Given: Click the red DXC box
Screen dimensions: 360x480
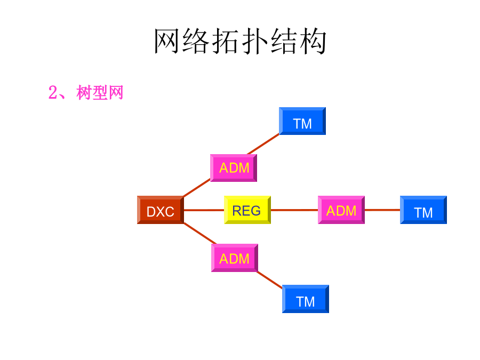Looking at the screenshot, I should [x=160, y=210].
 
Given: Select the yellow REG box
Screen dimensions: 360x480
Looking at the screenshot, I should [x=247, y=210].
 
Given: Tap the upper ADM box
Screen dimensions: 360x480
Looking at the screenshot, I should [x=234, y=167].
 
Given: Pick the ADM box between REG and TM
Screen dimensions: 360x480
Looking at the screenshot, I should [x=341, y=210].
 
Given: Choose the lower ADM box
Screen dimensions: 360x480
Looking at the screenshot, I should [x=234, y=258].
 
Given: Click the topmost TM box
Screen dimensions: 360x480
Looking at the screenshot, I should [x=302, y=122].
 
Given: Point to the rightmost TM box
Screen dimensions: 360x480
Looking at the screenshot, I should [x=423, y=210].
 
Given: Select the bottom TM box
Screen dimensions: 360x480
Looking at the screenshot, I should [x=305, y=299].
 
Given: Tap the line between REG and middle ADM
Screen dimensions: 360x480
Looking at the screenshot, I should [x=294, y=210].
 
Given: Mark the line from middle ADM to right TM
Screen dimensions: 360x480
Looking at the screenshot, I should [x=382, y=210].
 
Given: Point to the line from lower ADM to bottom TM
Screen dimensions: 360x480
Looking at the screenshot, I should [x=270, y=279].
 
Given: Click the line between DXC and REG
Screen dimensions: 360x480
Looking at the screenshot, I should [x=204, y=210].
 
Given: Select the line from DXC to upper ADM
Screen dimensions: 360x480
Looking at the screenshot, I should [x=196, y=188].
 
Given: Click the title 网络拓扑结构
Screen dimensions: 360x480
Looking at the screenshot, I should [x=240, y=42].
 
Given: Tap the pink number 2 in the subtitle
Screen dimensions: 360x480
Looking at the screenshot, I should [x=52, y=93].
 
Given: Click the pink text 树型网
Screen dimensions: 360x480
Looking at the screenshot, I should [x=100, y=93].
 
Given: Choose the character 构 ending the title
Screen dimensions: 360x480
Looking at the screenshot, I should [x=313, y=42].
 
